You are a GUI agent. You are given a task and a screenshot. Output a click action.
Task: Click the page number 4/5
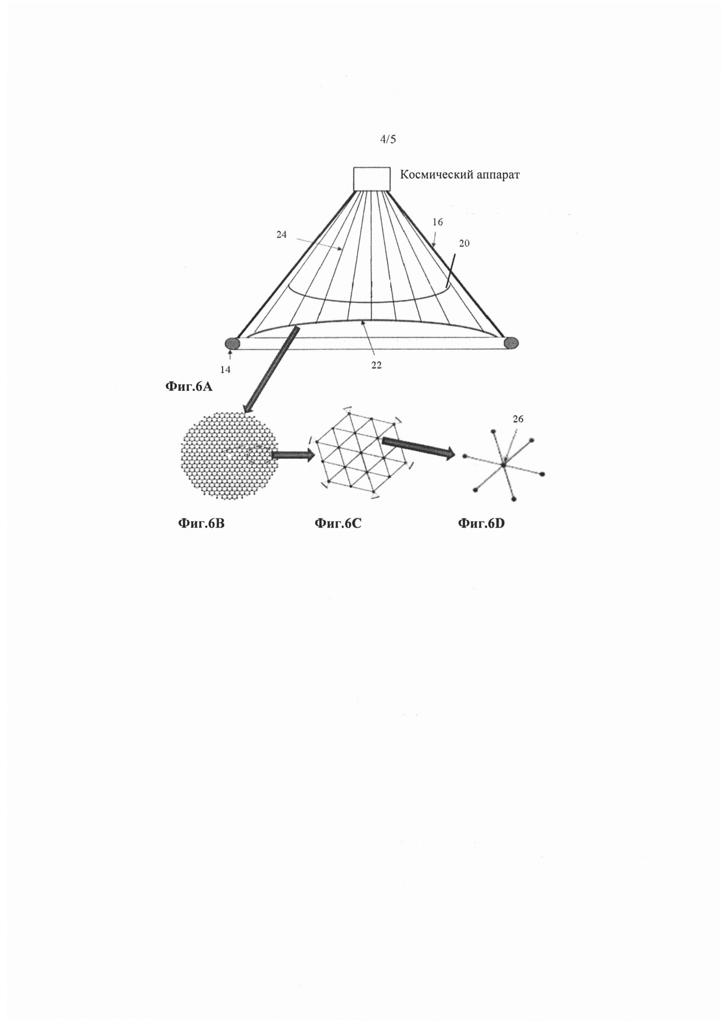coord(388,139)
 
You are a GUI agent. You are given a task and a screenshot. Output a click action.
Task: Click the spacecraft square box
coord(372,179)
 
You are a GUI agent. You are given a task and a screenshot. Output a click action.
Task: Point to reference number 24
coord(281,235)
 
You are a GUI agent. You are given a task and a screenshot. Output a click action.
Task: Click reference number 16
coord(438,222)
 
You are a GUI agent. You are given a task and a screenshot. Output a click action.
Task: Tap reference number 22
coord(376,366)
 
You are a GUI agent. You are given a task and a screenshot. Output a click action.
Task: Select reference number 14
coord(225,369)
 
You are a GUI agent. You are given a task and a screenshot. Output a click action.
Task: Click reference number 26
coord(518,419)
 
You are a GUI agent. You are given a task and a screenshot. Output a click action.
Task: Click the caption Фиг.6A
coord(189,387)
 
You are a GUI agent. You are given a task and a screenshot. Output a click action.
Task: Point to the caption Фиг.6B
coord(201,523)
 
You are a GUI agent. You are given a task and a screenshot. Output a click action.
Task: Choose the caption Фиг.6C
coord(338,523)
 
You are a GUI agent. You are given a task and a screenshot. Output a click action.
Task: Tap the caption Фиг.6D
coord(481,523)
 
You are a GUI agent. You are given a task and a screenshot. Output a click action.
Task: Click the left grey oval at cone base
coord(232,343)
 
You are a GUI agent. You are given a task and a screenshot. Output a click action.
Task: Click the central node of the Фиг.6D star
coord(503,465)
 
